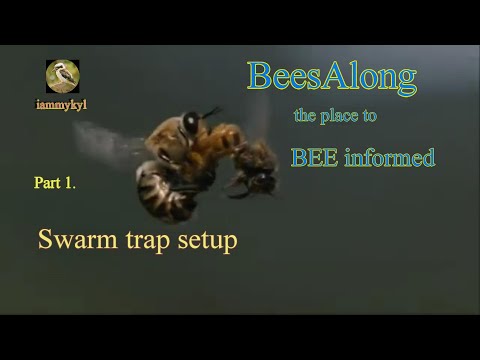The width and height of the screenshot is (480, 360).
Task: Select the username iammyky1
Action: click(62, 103)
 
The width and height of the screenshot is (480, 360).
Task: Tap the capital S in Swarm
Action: click(46, 241)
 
